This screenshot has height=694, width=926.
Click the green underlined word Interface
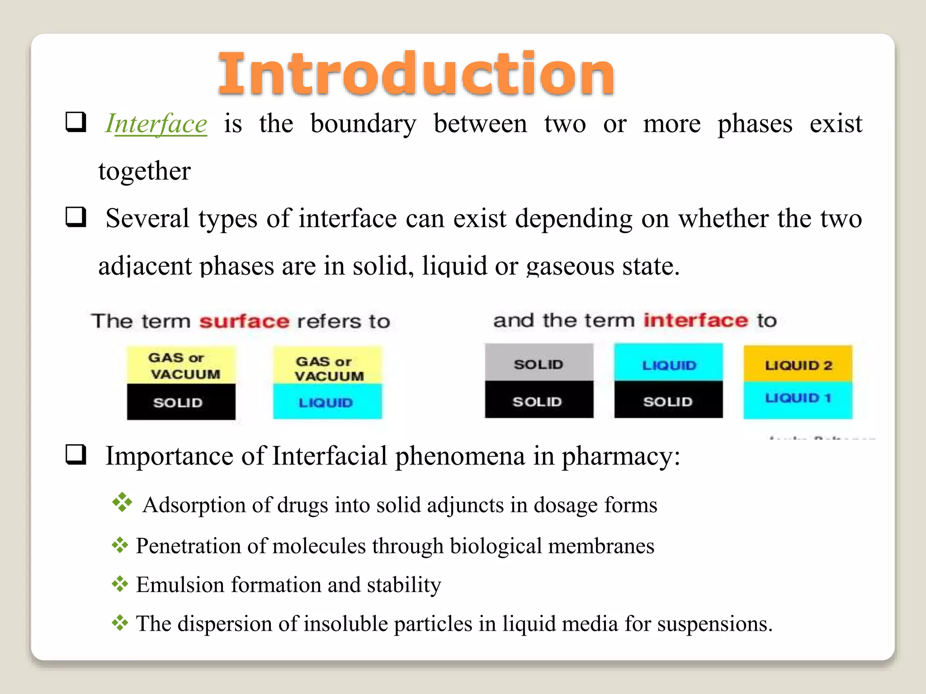(x=156, y=123)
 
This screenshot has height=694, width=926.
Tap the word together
(x=145, y=171)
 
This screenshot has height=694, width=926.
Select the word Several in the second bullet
(x=147, y=219)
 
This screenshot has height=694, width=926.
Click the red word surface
(x=244, y=321)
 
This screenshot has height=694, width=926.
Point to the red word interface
(x=696, y=320)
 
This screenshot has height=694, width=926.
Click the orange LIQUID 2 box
(x=798, y=364)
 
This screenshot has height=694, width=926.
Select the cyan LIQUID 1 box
(x=798, y=400)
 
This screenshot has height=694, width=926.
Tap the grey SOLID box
(x=539, y=363)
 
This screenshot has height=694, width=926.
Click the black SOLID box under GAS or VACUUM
(x=181, y=402)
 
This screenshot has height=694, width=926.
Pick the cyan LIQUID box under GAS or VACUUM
(x=327, y=402)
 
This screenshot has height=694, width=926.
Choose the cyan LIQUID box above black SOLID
(x=668, y=363)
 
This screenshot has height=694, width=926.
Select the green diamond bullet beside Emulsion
(x=120, y=584)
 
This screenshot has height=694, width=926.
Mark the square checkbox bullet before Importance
(x=76, y=454)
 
